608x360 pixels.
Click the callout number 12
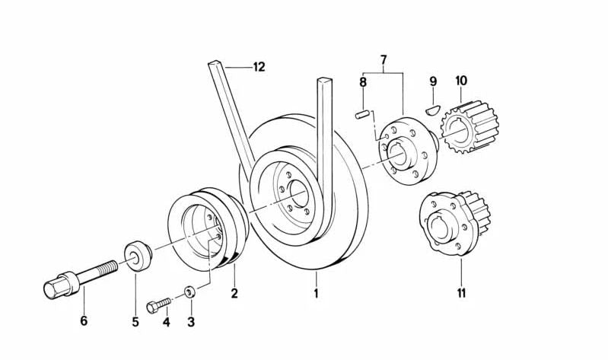click(x=259, y=68)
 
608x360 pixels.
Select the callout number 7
click(x=384, y=59)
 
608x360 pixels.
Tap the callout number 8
click(x=363, y=81)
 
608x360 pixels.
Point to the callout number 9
click(x=433, y=81)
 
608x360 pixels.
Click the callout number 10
click(x=461, y=81)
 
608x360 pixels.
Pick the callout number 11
click(x=462, y=292)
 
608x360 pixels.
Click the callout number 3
click(x=191, y=322)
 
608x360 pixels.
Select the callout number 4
click(x=165, y=322)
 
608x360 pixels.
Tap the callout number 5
click(x=135, y=322)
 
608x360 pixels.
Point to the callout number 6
click(x=84, y=322)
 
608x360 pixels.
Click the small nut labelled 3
click(x=189, y=291)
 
